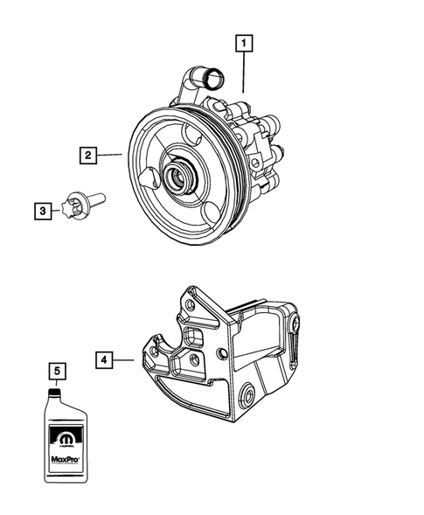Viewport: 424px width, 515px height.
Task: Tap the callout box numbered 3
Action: pos(42,209)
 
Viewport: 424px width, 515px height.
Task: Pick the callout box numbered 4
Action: pos(104,358)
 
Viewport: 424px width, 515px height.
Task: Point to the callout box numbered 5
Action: pos(58,372)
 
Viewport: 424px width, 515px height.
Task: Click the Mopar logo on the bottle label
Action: pos(59,431)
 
